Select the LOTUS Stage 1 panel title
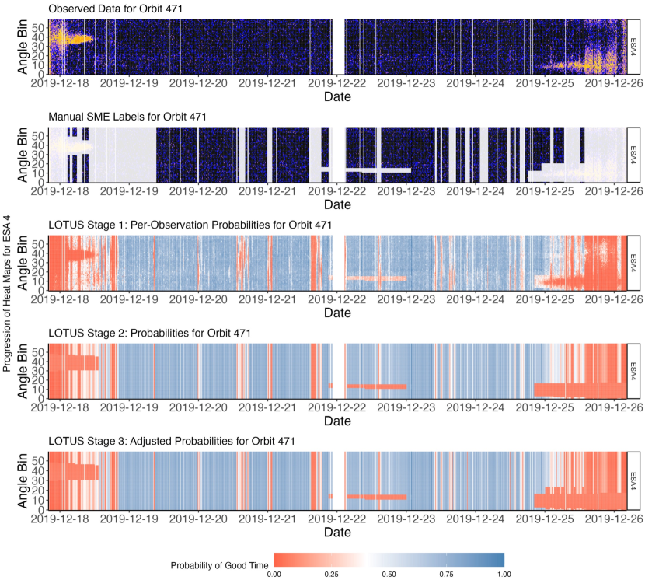click(190, 225)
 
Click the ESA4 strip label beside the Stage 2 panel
click(633, 371)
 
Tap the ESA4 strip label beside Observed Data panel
click(633, 46)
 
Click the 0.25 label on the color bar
click(332, 574)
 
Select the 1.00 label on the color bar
click(504, 574)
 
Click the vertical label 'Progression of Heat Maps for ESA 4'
click(7, 295)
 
